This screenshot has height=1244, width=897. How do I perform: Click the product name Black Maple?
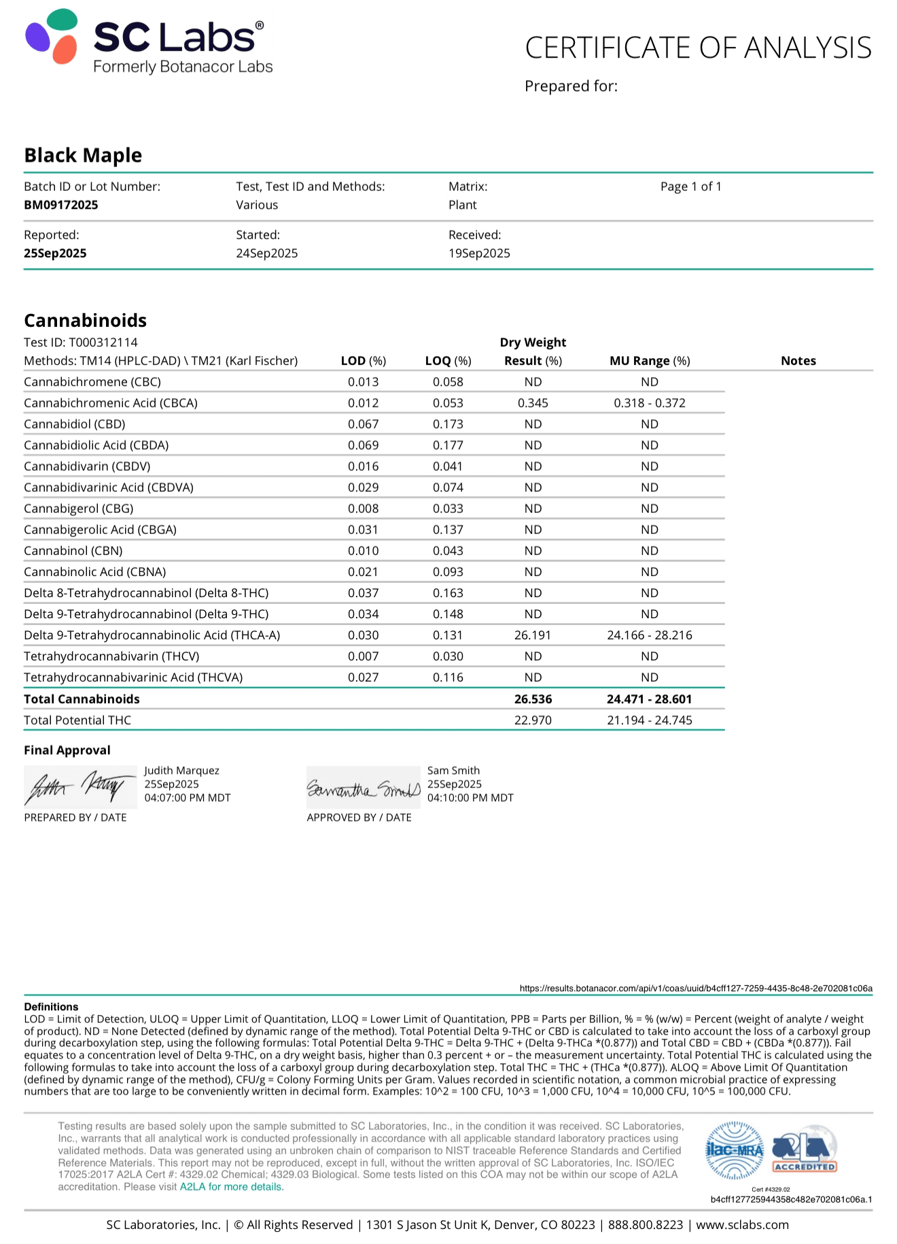83,156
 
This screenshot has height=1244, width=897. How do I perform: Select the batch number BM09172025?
61,205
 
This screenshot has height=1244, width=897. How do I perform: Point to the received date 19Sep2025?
479,253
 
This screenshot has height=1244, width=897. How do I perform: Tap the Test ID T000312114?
103,342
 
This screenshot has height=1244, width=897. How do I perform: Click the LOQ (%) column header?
448,361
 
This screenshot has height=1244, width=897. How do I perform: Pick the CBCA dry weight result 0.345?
533,403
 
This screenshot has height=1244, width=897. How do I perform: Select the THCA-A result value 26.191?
533,635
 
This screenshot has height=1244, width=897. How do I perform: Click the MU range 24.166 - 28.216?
650,635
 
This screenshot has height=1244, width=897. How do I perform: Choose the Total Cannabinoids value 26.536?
533,699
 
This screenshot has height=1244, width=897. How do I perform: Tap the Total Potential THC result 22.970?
533,720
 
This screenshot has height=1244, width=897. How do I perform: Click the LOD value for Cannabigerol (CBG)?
363,508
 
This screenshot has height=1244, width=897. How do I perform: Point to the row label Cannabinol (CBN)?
73,551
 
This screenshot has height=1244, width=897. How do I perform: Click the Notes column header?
798,361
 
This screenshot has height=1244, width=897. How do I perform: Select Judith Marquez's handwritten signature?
80,787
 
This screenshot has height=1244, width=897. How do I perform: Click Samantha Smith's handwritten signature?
364,788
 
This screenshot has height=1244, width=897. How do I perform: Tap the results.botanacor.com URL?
696,989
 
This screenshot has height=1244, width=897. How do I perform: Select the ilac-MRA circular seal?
735,1150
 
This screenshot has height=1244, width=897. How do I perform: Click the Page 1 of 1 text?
690,187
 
